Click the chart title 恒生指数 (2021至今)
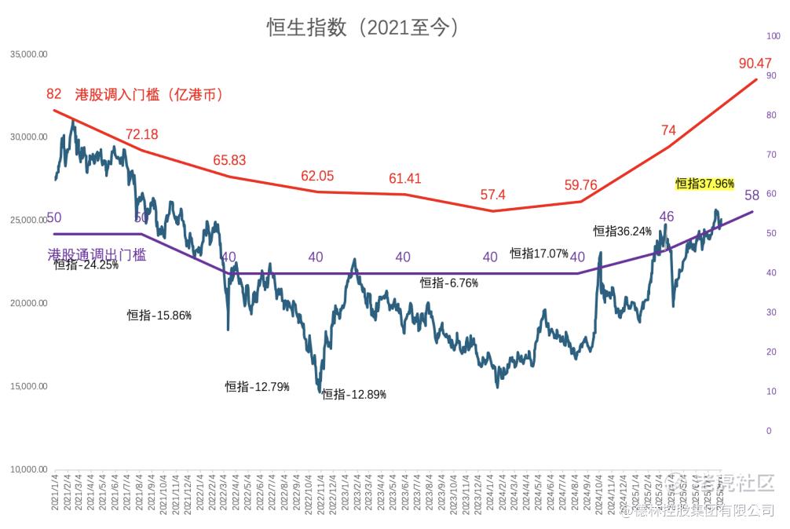(x=362, y=27)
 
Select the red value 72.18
(x=141, y=134)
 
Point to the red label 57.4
(x=493, y=195)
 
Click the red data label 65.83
(x=229, y=160)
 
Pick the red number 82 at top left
(x=54, y=93)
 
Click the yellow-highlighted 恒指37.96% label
(x=704, y=184)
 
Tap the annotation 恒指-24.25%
(x=86, y=265)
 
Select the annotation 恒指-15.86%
(x=159, y=316)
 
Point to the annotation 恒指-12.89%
(x=354, y=394)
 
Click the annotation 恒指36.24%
(x=623, y=231)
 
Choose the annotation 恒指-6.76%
(x=449, y=283)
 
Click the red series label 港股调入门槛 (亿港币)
(x=149, y=95)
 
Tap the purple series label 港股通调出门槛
(x=97, y=254)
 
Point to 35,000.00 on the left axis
(x=29, y=54)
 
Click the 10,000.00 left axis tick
(x=29, y=469)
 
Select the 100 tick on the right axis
(x=772, y=36)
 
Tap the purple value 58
(x=752, y=195)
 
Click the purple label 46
(x=667, y=217)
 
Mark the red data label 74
(x=668, y=130)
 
